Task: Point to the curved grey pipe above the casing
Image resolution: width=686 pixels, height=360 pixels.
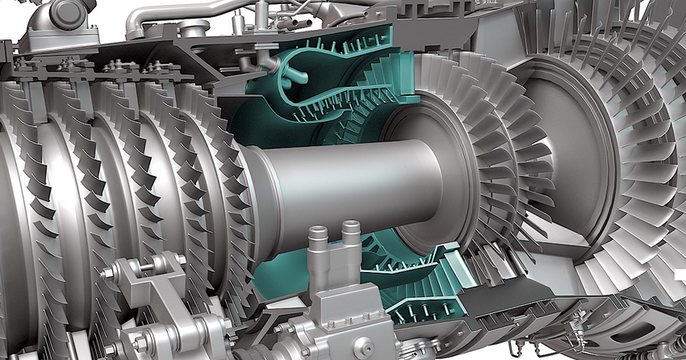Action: [161, 16]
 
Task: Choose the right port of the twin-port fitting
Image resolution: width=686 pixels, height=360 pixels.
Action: [349, 238]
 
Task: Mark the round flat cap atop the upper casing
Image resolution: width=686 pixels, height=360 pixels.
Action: [194, 29]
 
